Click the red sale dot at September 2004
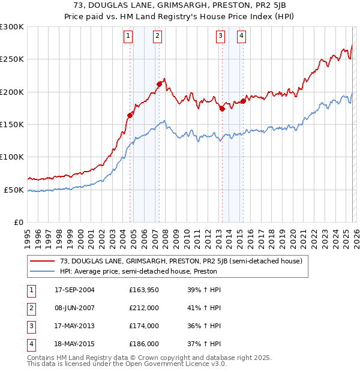130,115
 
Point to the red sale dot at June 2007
159,84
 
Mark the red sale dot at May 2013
222,109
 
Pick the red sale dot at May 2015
243,101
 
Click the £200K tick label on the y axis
12,92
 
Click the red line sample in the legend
42,261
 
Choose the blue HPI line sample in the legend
42,271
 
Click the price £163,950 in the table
144,290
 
